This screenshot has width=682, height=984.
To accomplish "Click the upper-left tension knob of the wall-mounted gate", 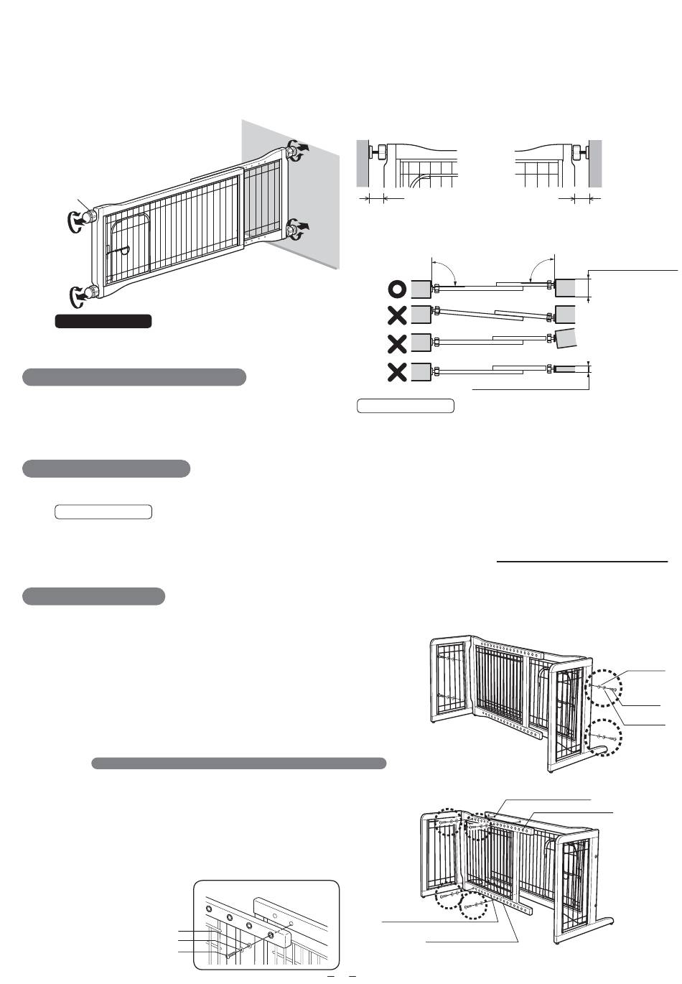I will point(90,216).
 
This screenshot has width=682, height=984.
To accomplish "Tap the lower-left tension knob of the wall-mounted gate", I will point(90,292).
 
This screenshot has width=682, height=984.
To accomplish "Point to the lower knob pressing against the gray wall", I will point(293,230).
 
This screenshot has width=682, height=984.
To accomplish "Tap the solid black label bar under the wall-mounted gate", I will point(103,321).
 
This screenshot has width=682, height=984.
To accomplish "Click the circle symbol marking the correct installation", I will point(397,289).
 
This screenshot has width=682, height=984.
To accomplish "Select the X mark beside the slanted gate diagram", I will point(397,315).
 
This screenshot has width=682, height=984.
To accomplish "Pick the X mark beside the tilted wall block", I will point(397,344).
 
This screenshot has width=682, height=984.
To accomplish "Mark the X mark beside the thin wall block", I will point(397,372).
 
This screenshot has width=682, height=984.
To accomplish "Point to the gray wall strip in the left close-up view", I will point(363,163).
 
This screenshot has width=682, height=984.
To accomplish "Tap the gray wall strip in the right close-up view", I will point(595,163).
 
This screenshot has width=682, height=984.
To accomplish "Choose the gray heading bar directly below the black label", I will point(134,377).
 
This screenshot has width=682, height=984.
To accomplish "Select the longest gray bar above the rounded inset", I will point(239,763).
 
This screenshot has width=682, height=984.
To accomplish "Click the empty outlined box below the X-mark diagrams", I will point(406,406).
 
